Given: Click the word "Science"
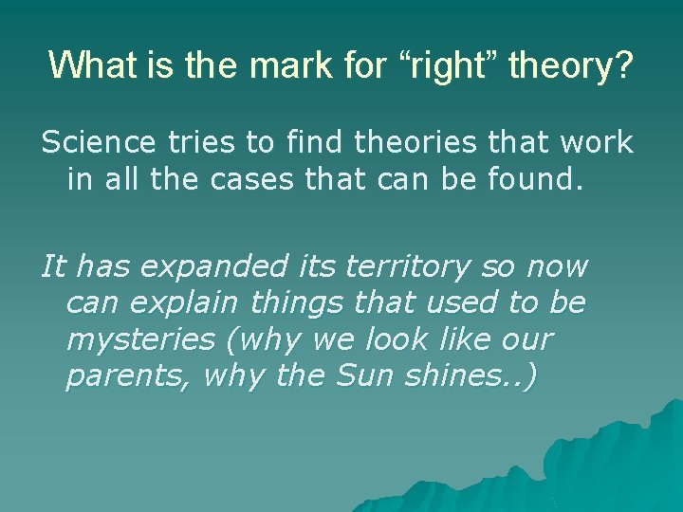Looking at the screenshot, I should pos(97,143).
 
